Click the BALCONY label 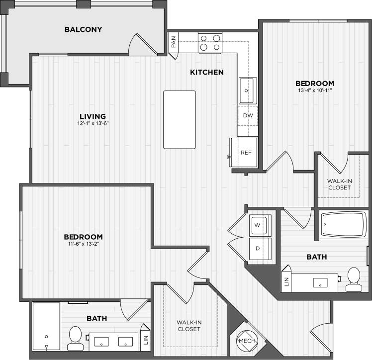[84, 29]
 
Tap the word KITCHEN [207, 73]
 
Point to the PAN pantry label [174, 42]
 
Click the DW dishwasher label [248, 115]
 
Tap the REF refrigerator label [246, 153]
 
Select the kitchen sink [247, 90]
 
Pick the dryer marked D [259, 248]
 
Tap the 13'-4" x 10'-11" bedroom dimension [315, 91]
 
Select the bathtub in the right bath [343, 225]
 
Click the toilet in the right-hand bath [354, 279]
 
